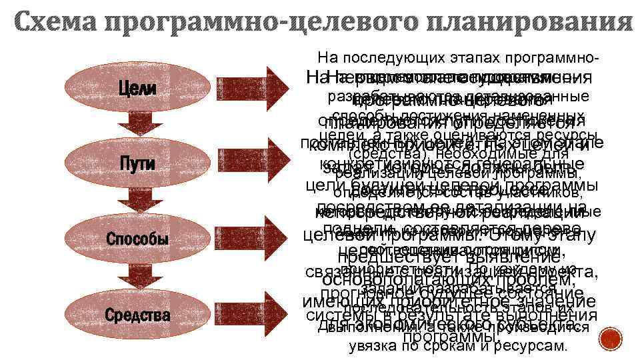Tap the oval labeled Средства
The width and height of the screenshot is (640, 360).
pyautogui.click(x=137, y=314)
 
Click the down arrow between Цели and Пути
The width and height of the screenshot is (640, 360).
pyautogui.click(x=137, y=125)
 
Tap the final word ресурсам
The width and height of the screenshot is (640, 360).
pyautogui.click(x=534, y=346)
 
